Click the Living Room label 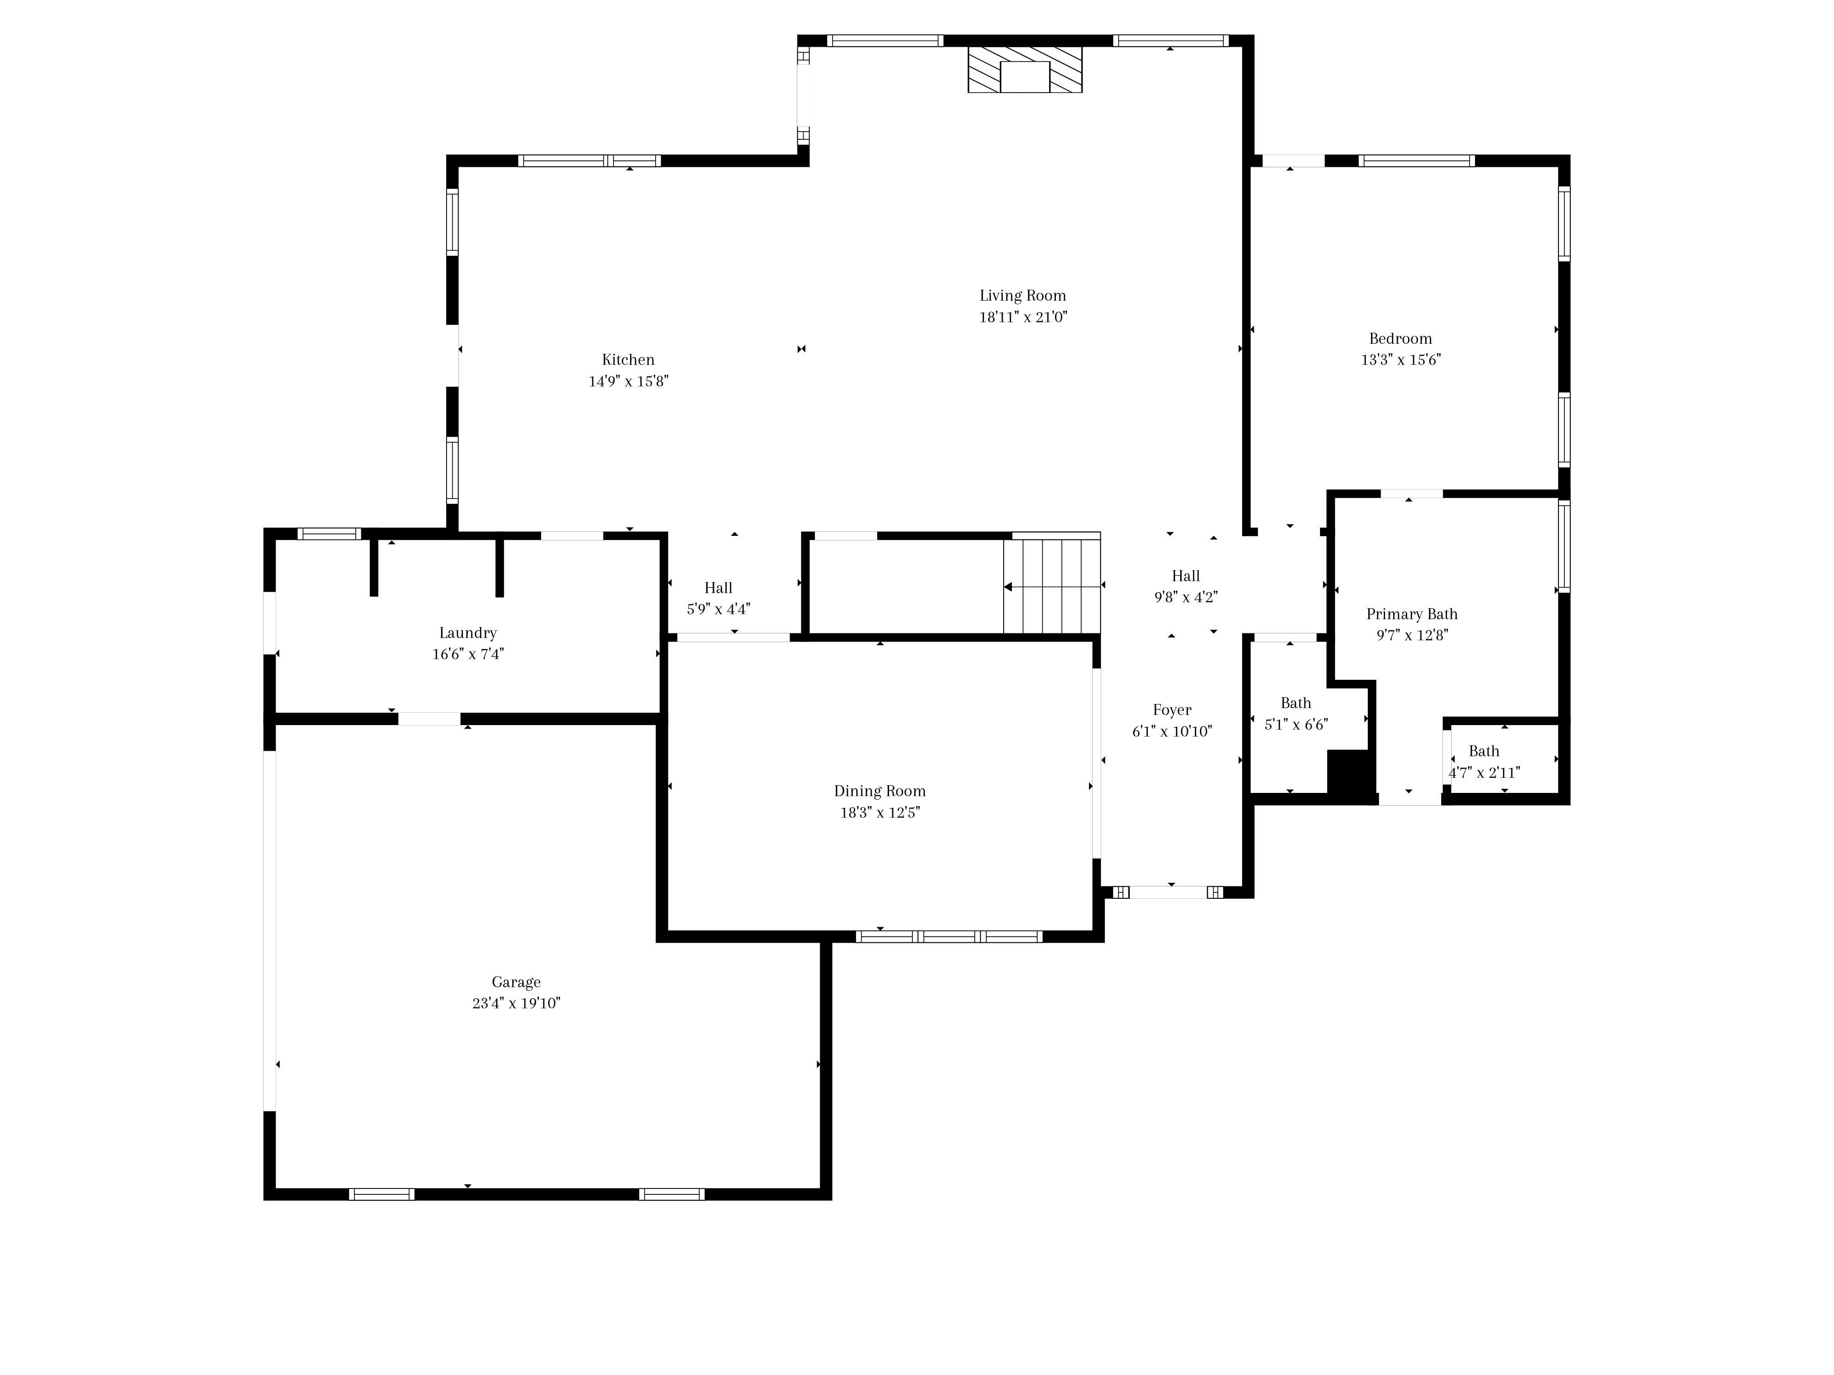click(x=1022, y=296)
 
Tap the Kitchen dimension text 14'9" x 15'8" click(x=629, y=381)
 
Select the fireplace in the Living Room click(x=1025, y=69)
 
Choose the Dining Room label click(x=880, y=792)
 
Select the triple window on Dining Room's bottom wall click(x=950, y=936)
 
